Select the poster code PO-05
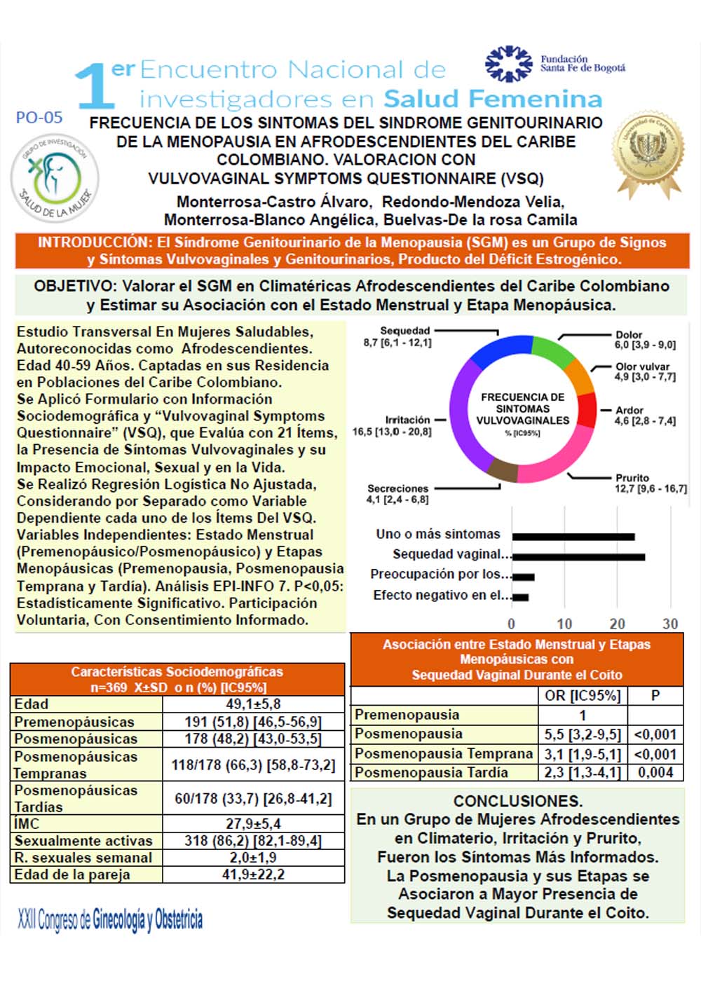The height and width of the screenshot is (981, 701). (x=39, y=118)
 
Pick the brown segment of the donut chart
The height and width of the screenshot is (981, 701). (x=502, y=469)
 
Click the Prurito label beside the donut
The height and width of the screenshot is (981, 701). (x=632, y=478)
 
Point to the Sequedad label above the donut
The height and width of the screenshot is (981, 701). (x=404, y=331)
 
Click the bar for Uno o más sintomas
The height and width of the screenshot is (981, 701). (x=573, y=537)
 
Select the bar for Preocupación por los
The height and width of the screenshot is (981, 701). (x=523, y=577)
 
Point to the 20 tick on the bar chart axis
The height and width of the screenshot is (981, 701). (x=617, y=624)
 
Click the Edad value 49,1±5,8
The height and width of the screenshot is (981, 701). (x=253, y=704)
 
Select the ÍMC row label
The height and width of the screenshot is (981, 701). (x=27, y=823)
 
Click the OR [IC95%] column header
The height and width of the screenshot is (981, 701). (x=583, y=696)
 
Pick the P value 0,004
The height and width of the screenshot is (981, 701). (x=655, y=772)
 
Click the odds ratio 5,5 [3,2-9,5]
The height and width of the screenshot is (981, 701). (x=583, y=734)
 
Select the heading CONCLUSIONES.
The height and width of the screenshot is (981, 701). (x=517, y=801)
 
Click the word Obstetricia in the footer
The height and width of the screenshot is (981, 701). (x=178, y=919)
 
